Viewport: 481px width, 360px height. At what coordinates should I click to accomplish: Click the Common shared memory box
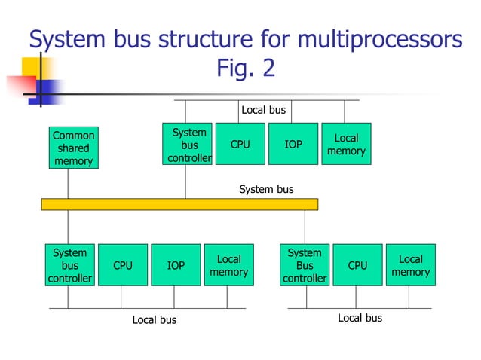[x=73, y=148]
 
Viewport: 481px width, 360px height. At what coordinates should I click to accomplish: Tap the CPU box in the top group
[x=240, y=144]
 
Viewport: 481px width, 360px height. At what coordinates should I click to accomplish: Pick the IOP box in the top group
[x=293, y=144]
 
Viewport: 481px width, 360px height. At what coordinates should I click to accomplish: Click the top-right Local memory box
[x=346, y=144]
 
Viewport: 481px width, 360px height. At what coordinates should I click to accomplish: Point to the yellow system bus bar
[x=179, y=204]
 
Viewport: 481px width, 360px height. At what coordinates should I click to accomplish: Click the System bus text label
[x=266, y=189]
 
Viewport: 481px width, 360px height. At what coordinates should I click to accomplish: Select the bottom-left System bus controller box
[x=69, y=265]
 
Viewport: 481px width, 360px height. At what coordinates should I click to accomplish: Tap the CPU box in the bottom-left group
[x=122, y=265]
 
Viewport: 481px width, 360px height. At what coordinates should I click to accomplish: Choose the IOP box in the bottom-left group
[x=176, y=265]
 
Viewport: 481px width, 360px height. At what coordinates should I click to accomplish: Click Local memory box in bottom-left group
[x=228, y=265]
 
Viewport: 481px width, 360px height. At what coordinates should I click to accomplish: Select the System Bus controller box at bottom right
[x=305, y=265]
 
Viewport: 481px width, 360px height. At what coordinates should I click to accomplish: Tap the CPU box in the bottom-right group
[x=357, y=265]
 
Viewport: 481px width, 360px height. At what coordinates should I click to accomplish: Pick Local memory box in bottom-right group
[x=410, y=265]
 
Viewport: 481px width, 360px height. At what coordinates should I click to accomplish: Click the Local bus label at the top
[x=263, y=110]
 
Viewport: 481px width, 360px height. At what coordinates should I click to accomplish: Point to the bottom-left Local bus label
[x=155, y=320]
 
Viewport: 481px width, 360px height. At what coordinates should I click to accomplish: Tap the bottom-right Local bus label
[x=360, y=318]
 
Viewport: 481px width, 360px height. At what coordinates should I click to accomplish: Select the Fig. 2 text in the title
[x=246, y=69]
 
